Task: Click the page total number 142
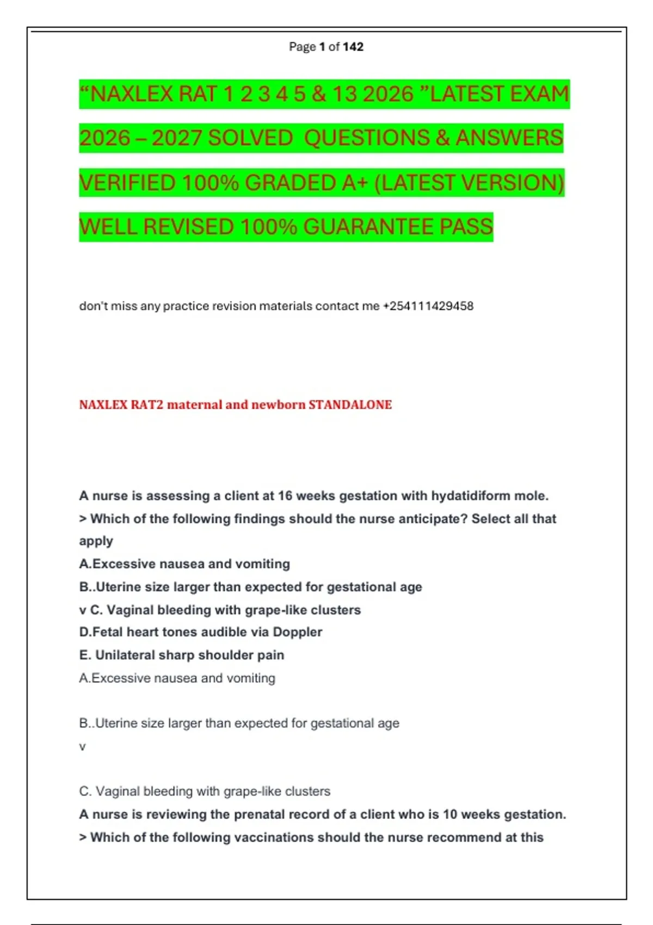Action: click(353, 47)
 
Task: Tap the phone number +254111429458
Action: click(428, 306)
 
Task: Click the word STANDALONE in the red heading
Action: click(350, 405)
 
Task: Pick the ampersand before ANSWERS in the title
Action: click(442, 138)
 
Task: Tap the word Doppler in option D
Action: click(297, 632)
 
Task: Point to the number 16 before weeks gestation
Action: click(285, 496)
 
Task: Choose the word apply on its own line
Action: click(96, 541)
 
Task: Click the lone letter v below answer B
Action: click(82, 747)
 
